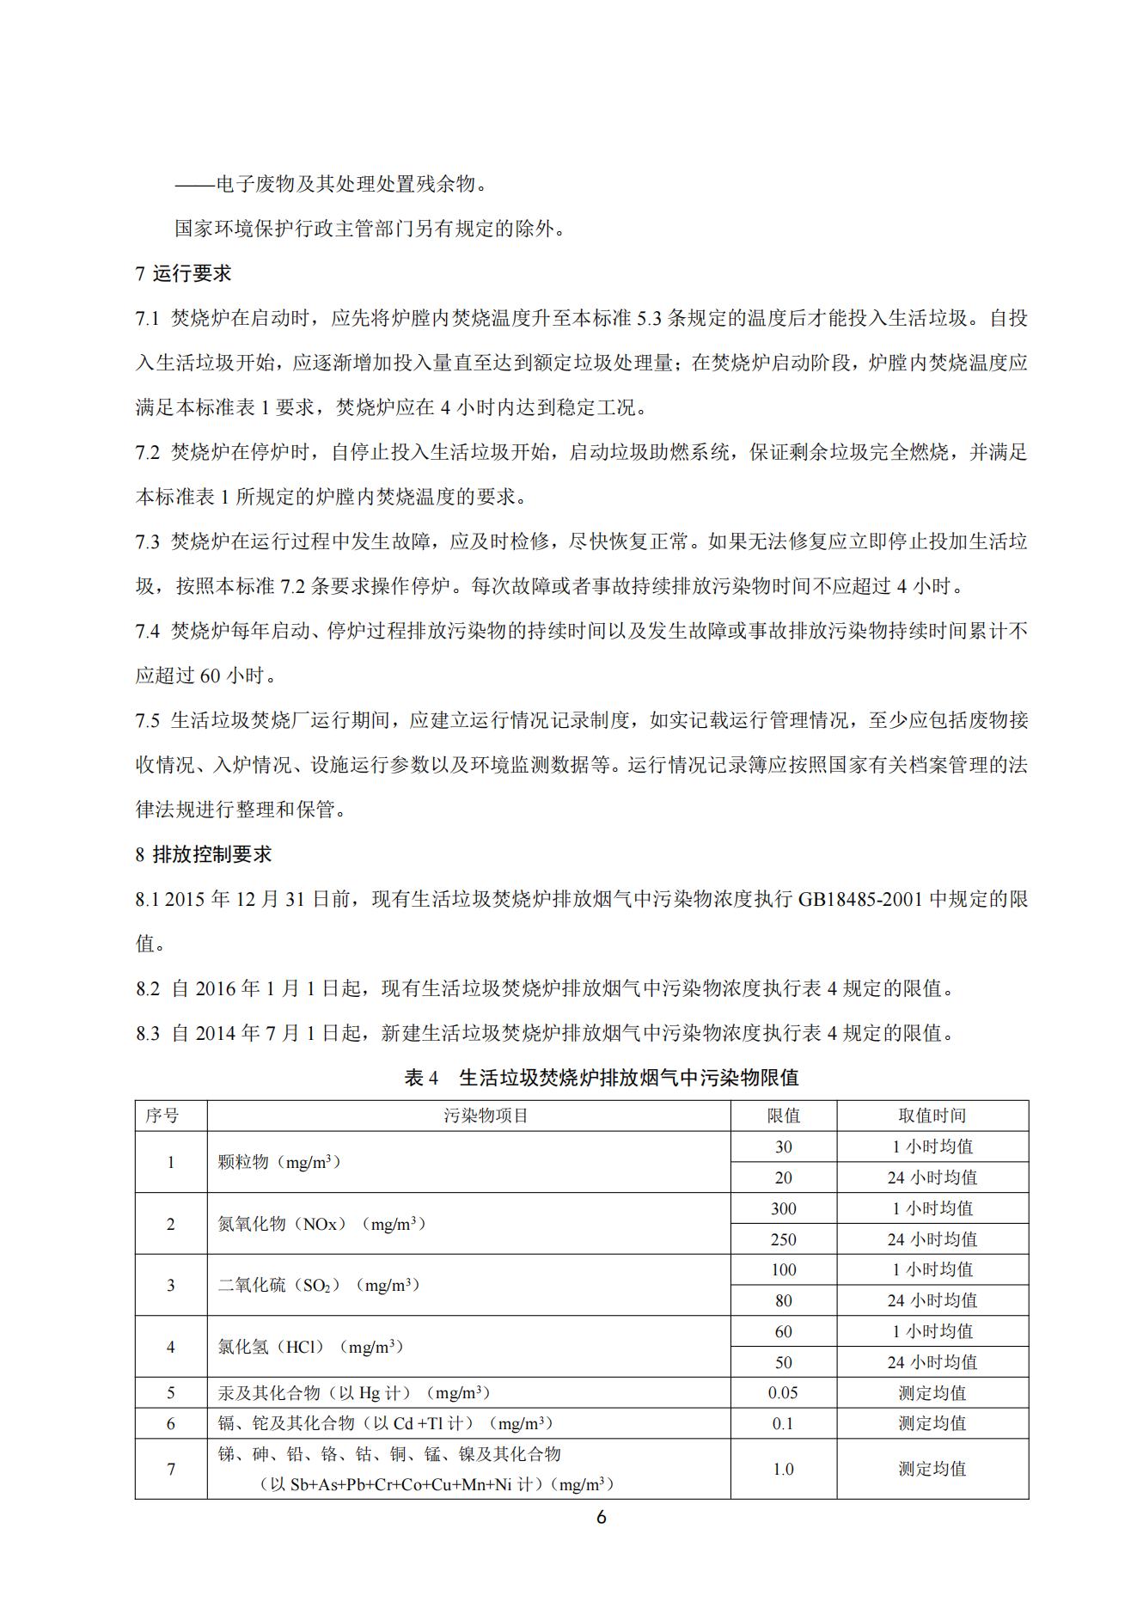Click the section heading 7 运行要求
point(183,274)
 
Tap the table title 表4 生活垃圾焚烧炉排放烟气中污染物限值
point(601,1077)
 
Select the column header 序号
point(162,1116)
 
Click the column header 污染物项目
point(486,1116)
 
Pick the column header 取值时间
point(932,1116)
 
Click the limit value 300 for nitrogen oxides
point(783,1208)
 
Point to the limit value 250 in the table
point(783,1239)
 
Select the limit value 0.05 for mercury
point(783,1393)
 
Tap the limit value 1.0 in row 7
point(783,1470)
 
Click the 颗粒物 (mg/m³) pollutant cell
point(279,1162)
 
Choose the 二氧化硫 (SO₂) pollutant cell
point(318,1286)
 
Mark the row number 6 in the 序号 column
point(170,1424)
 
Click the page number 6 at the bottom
point(601,1518)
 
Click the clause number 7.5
point(147,720)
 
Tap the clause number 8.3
point(147,1033)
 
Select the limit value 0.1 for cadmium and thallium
point(783,1424)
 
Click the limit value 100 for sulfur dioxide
point(783,1270)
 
